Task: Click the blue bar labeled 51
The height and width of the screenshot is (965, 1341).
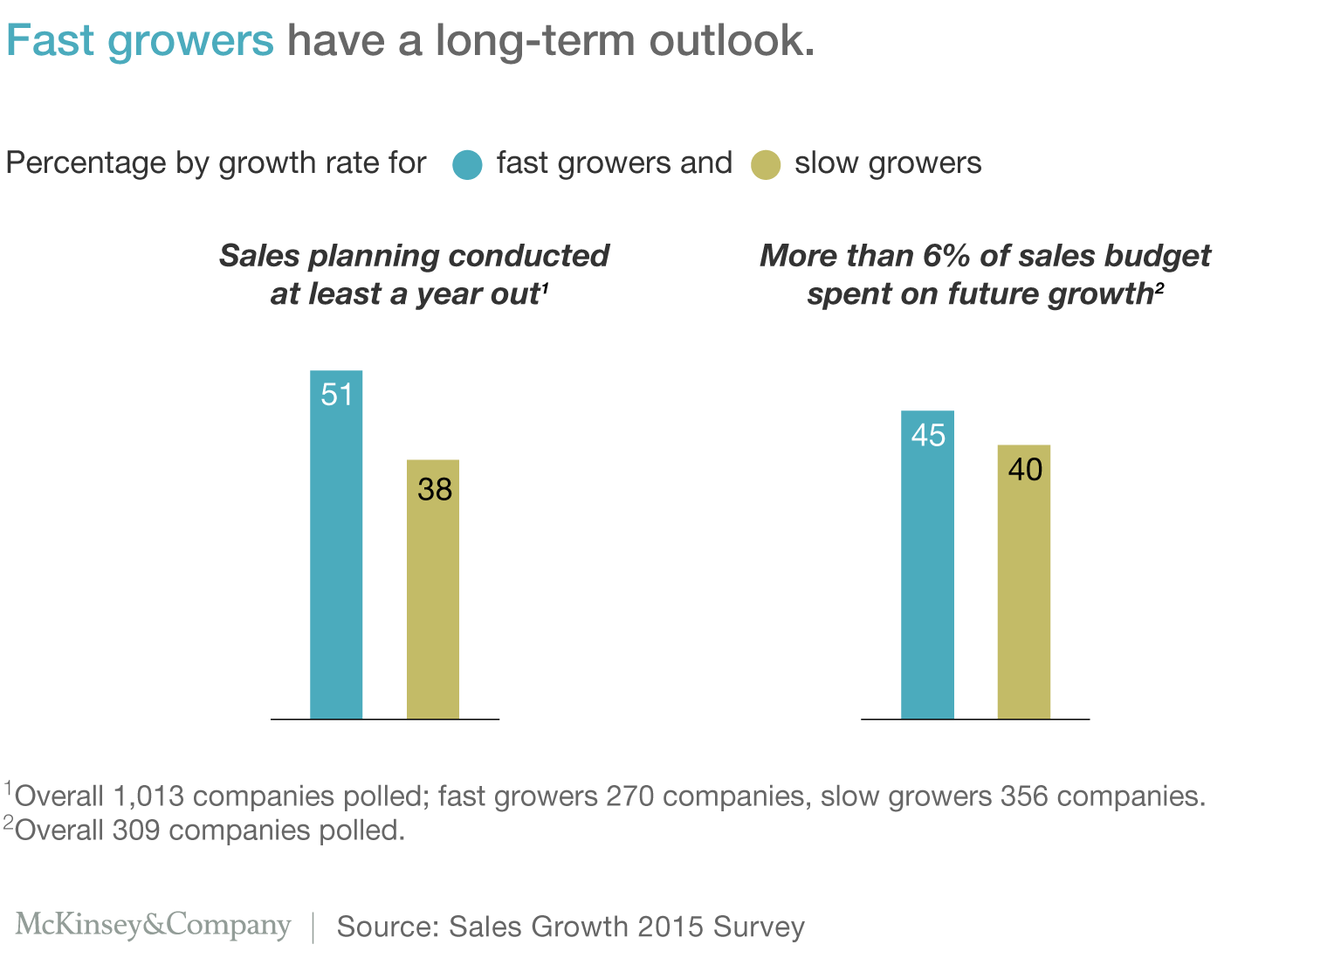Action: click(336, 559)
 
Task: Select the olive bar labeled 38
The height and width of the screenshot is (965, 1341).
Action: click(433, 603)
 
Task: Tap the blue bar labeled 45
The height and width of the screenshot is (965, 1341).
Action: click(927, 576)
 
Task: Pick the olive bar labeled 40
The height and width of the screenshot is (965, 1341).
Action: click(1024, 594)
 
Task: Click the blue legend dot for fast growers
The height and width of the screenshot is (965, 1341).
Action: click(468, 165)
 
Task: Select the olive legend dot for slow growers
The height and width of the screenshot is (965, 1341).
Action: click(766, 165)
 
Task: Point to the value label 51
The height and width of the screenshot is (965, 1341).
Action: click(337, 395)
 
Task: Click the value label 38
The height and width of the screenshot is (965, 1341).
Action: click(435, 489)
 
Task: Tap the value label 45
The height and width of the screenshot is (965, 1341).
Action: click(928, 435)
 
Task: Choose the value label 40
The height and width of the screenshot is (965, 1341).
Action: click(1025, 470)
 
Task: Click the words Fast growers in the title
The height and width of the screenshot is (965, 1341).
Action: click(140, 41)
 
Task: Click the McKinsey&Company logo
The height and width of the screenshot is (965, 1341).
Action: click(153, 925)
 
